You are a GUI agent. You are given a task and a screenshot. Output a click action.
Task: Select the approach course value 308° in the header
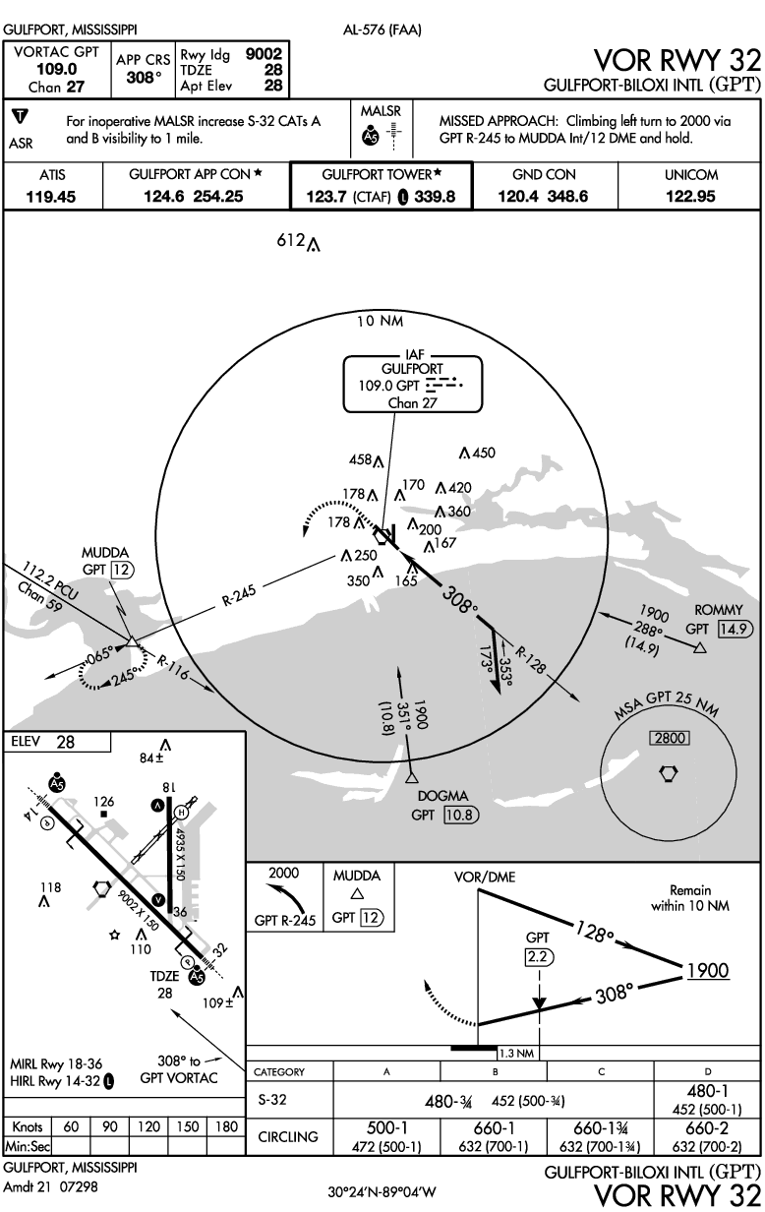[x=144, y=76]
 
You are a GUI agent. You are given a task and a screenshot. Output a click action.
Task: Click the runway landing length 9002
[x=265, y=55]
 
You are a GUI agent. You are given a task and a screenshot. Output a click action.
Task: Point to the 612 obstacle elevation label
[x=290, y=242]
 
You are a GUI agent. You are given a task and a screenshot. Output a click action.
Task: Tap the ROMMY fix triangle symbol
[x=700, y=648]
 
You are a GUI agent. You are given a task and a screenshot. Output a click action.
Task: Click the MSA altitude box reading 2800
[x=668, y=739]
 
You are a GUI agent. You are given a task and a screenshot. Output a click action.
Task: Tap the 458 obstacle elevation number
[x=361, y=459]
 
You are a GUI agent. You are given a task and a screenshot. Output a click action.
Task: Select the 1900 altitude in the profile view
[x=708, y=971]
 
